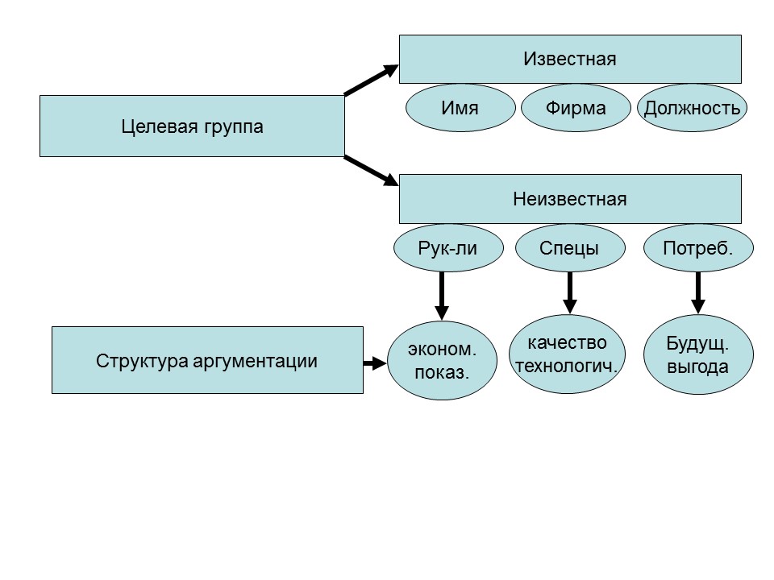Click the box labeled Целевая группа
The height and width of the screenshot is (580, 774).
pos(192,126)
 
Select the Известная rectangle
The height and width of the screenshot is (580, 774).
pos(570,59)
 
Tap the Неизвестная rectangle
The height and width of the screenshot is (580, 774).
pos(570,199)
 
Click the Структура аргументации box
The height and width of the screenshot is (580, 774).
pos(207,360)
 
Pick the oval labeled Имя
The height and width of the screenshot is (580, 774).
pos(460,108)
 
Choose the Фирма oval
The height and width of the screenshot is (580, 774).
pos(575,108)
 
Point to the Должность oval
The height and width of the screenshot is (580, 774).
pos(692,108)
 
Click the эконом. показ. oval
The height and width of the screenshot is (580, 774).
pos(441,362)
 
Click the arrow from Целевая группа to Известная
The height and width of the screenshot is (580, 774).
pos(372,81)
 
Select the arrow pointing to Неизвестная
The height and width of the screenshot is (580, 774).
pos(372,171)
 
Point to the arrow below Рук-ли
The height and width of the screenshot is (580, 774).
pos(441,295)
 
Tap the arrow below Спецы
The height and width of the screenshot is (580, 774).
pos(569,292)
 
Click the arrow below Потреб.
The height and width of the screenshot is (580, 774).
pos(697,292)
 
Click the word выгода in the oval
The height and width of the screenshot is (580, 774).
pos(697,367)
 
